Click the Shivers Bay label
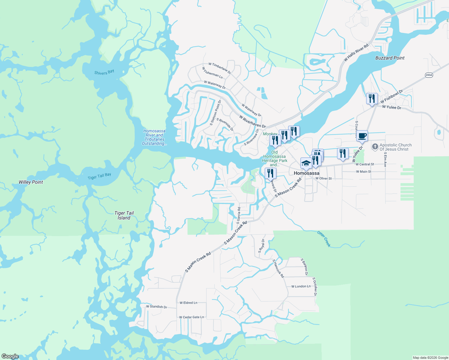(x=104, y=72)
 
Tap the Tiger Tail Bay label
(x=99, y=176)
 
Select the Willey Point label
(x=31, y=182)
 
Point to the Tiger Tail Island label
(x=124, y=215)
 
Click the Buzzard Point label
(x=390, y=58)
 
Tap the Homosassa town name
(x=306, y=173)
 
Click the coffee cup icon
(x=362, y=136)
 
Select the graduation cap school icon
(x=306, y=163)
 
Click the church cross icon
(x=375, y=147)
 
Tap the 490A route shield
(x=429, y=75)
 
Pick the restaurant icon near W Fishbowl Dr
(x=372, y=98)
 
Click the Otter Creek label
(x=324, y=239)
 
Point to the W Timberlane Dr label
(x=220, y=68)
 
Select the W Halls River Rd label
(x=356, y=53)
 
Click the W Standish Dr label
(x=156, y=307)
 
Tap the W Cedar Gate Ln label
(x=191, y=317)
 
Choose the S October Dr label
(x=314, y=286)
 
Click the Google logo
(x=10, y=356)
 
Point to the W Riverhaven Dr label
(x=252, y=121)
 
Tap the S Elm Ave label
(x=385, y=159)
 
